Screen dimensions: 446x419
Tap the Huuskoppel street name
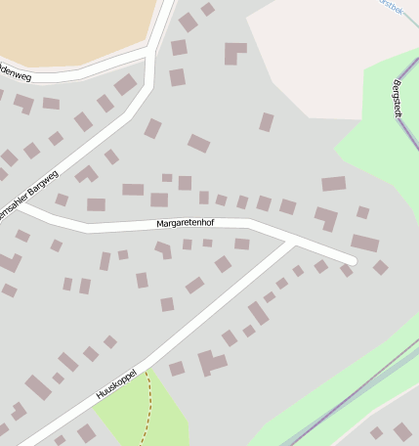114,384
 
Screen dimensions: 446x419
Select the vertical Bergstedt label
398,101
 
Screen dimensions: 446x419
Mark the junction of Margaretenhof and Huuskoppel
292,241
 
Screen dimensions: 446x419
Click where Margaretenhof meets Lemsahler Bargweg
25,208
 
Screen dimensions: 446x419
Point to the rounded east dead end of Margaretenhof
351,260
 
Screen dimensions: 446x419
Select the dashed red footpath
149,406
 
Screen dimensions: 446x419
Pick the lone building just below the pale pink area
266,122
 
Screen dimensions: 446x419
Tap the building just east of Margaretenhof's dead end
380,267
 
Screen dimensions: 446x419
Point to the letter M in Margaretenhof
160,225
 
